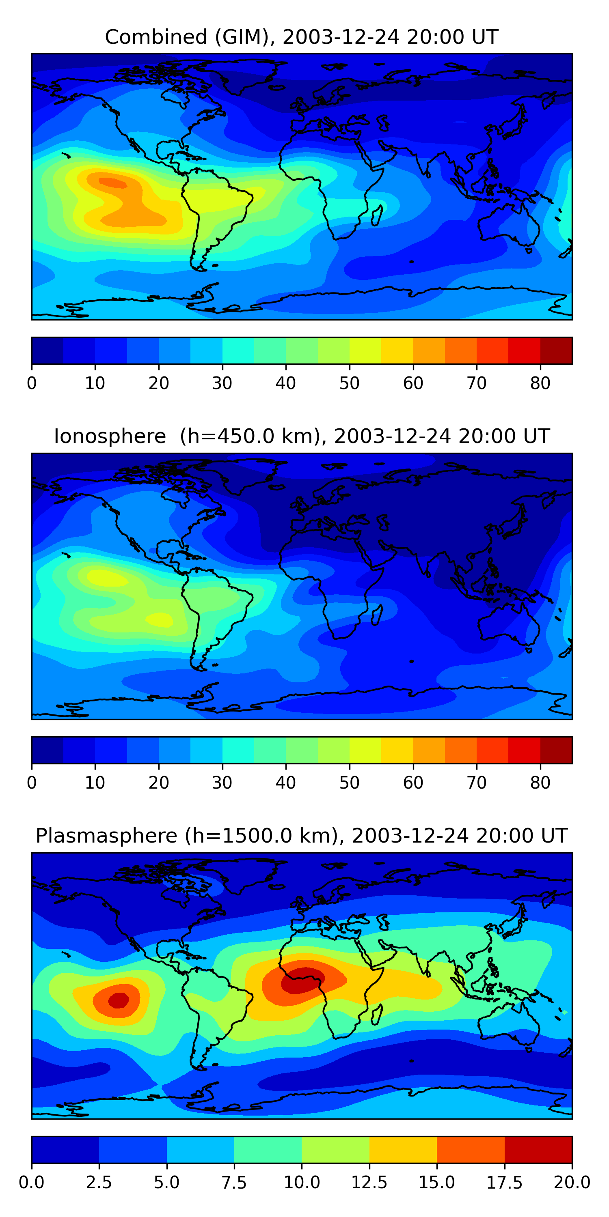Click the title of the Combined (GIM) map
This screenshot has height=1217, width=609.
[x=302, y=37]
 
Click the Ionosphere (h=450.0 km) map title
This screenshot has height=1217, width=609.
[x=302, y=436]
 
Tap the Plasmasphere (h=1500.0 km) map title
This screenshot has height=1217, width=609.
[x=302, y=836]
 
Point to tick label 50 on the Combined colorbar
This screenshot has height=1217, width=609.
[x=350, y=383]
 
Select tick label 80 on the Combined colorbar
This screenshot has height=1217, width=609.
[x=540, y=383]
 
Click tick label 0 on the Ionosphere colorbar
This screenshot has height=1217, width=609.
[x=32, y=783]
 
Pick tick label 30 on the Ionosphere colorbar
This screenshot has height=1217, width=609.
[x=222, y=783]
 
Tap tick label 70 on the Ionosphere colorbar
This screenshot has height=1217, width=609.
[x=477, y=783]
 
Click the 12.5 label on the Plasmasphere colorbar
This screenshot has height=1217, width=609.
[x=369, y=1182]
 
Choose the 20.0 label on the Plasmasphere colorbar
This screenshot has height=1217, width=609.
[x=572, y=1182]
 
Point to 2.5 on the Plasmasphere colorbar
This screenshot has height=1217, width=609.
[x=99, y=1182]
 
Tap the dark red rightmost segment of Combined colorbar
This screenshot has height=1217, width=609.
[x=556, y=350]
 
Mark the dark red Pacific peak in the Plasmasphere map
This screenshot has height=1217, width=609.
[x=118, y=1000]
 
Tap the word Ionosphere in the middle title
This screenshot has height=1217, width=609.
[x=110, y=436]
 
